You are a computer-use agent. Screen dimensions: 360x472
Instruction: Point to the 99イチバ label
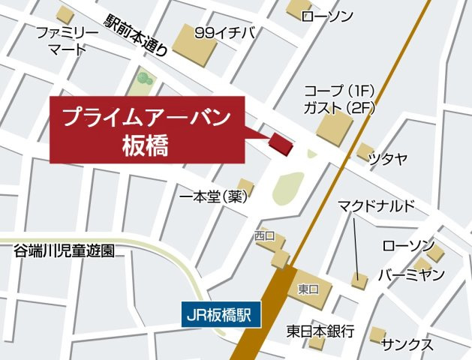tap(224, 32)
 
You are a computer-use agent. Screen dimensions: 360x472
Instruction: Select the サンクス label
tap(407, 345)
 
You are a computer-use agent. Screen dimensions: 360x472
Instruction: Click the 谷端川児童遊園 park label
tap(65, 251)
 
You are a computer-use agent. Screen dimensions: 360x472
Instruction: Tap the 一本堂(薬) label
tap(214, 197)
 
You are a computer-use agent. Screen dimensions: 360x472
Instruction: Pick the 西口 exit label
tap(265, 235)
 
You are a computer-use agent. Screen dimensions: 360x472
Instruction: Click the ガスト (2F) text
tap(338, 107)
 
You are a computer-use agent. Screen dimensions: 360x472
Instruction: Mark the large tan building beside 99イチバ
tap(194, 45)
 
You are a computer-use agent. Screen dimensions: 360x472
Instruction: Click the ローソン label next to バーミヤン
tap(408, 245)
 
